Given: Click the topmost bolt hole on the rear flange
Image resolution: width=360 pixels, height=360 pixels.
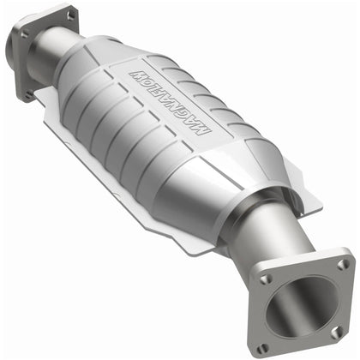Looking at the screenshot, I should coord(70,15).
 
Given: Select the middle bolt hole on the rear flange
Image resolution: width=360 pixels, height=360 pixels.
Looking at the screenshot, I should coord(23,34).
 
